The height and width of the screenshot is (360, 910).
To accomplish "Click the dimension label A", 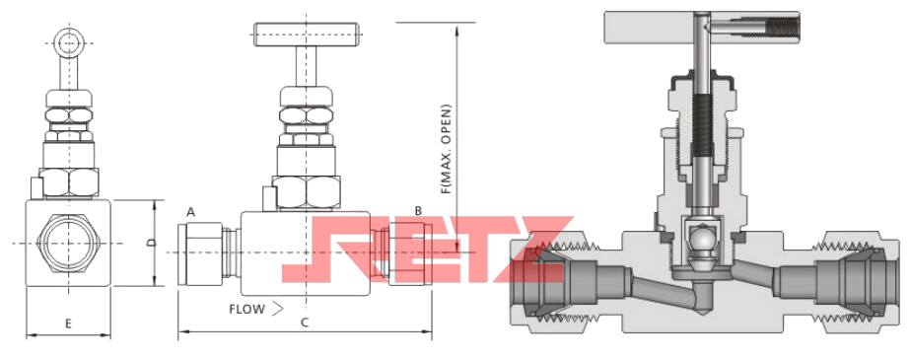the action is (x=191, y=213).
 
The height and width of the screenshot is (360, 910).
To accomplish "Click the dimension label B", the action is (x=418, y=211).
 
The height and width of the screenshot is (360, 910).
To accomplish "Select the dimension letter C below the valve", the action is (x=304, y=324).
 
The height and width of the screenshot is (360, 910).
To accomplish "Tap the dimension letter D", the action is (x=150, y=243).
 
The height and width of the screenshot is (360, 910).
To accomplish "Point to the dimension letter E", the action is (x=68, y=324).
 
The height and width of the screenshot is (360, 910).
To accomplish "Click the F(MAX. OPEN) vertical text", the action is (x=446, y=149).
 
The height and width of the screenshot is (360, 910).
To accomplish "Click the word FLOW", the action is (x=246, y=309).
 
